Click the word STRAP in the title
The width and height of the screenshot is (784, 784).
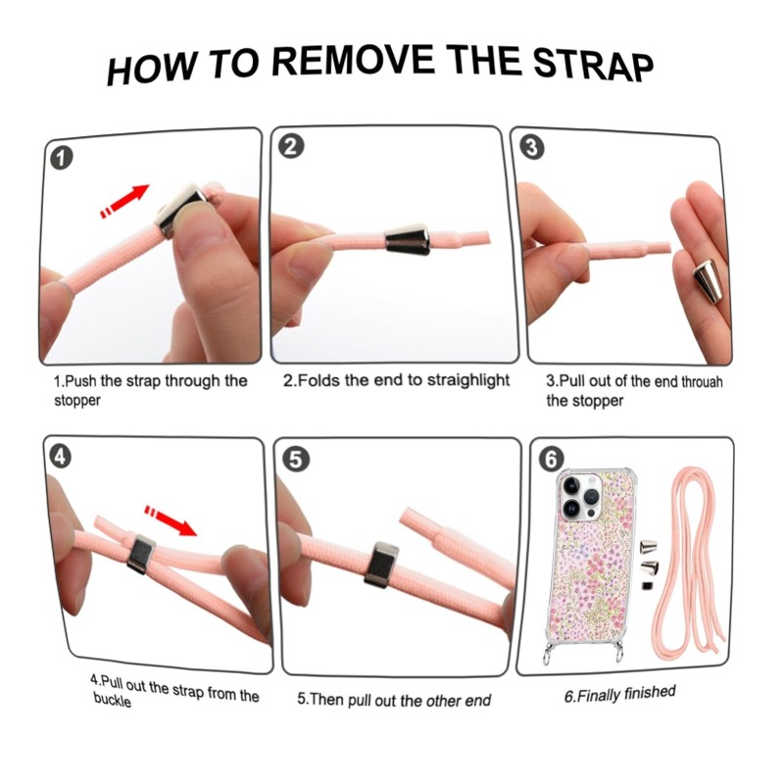(x=593, y=66)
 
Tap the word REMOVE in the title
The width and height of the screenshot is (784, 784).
(x=354, y=61)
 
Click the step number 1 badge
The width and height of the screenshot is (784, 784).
(x=62, y=158)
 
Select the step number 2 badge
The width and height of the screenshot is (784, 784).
(x=291, y=146)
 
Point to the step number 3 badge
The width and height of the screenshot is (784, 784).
(x=532, y=148)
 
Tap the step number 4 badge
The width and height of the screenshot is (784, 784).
(x=61, y=457)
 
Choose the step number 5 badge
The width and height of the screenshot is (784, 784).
(x=296, y=459)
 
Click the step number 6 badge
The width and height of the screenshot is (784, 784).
(x=551, y=459)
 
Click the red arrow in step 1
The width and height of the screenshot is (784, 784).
(x=125, y=201)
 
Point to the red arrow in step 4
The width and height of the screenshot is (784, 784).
(x=171, y=520)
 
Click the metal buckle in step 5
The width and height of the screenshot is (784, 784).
(x=381, y=564)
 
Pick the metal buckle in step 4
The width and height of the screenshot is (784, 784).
(x=140, y=554)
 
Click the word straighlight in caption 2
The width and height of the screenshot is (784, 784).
(x=468, y=380)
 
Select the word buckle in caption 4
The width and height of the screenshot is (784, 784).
(x=112, y=700)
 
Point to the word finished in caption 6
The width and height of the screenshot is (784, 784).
(x=650, y=693)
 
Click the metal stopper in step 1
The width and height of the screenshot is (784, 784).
(x=180, y=210)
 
